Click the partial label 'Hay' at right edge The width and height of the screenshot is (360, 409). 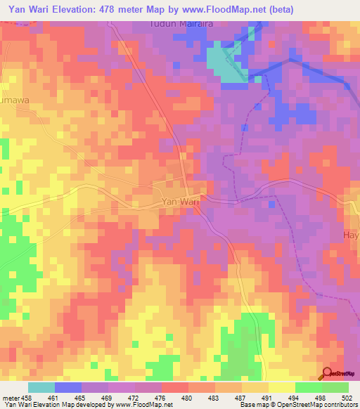pos(350,235)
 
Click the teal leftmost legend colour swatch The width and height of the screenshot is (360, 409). pos(41,387)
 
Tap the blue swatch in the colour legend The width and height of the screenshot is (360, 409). pos(68,387)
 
